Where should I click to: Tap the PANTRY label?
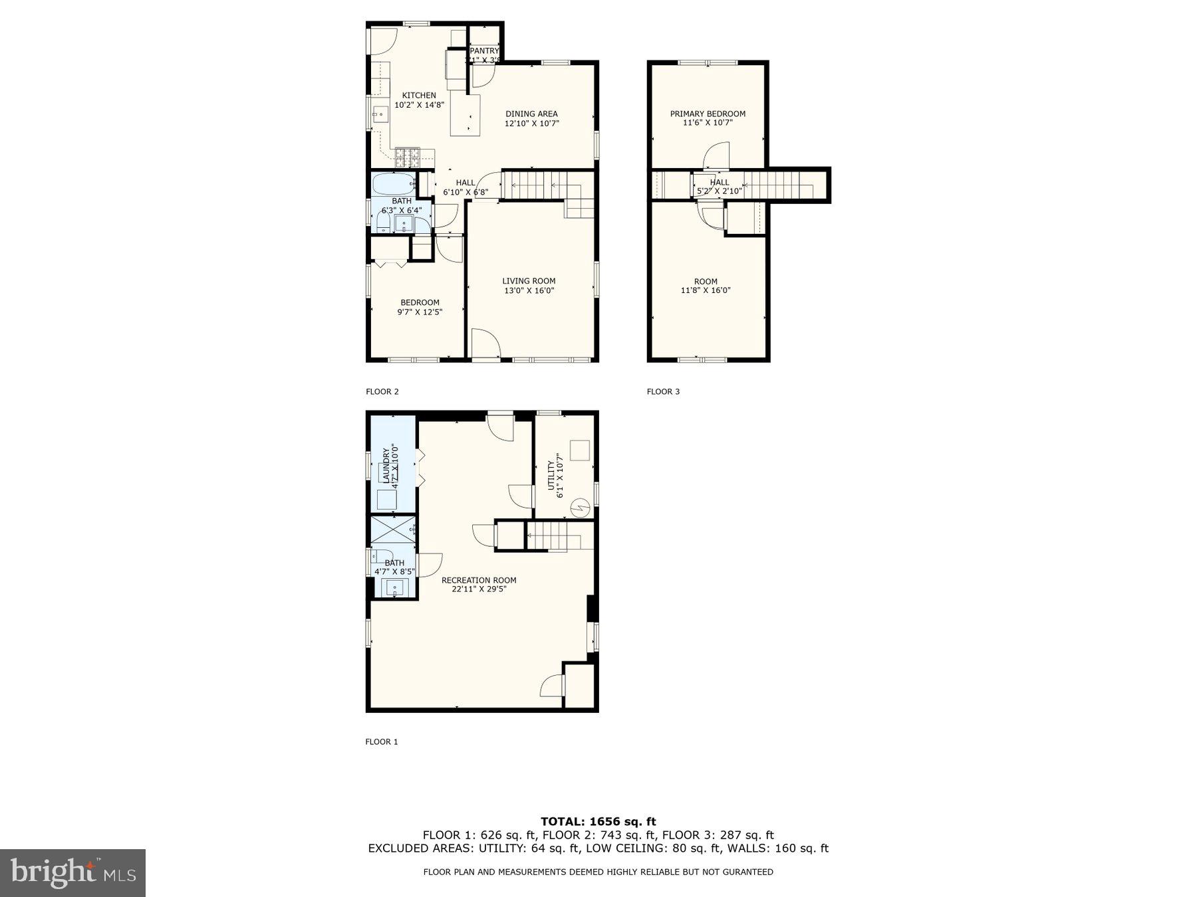pyautogui.click(x=484, y=51)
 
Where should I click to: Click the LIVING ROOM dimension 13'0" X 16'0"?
pyautogui.click(x=529, y=290)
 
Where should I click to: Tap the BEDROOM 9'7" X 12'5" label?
pyautogui.click(x=420, y=307)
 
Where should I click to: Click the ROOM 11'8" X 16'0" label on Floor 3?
pyautogui.click(x=706, y=286)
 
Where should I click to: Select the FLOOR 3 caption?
pyautogui.click(x=663, y=391)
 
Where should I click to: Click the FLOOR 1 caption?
pyautogui.click(x=381, y=742)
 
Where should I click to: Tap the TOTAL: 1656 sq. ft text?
pyautogui.click(x=598, y=822)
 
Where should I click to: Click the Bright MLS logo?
pyautogui.click(x=72, y=872)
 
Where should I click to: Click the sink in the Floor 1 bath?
pyautogui.click(x=395, y=588)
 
